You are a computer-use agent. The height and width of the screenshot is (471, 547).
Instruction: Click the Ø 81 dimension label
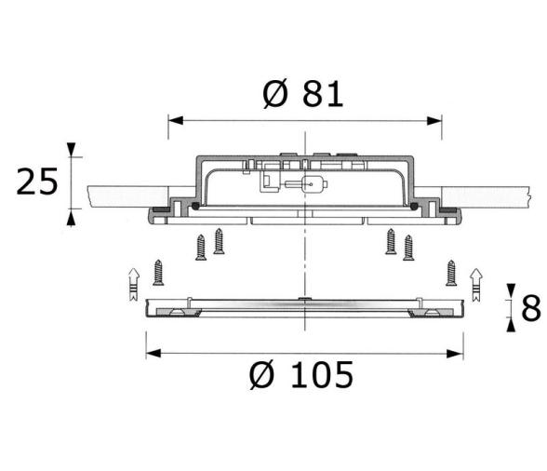point(303,94)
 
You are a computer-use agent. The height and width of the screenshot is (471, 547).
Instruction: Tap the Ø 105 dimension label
point(301,375)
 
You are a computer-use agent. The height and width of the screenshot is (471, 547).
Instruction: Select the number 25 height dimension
point(37,182)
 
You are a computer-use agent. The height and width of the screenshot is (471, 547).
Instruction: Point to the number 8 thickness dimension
point(531,308)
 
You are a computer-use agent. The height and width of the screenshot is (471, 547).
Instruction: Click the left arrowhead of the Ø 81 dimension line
point(176,121)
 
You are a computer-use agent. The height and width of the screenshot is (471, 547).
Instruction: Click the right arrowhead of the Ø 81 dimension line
point(434,121)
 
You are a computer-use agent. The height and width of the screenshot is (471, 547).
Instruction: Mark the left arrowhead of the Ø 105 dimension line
point(153,354)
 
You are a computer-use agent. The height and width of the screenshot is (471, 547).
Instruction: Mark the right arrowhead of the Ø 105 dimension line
point(456,354)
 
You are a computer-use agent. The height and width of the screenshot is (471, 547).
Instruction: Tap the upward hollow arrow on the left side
point(134,284)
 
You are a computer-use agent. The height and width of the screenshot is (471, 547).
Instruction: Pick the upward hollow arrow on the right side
point(476,285)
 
